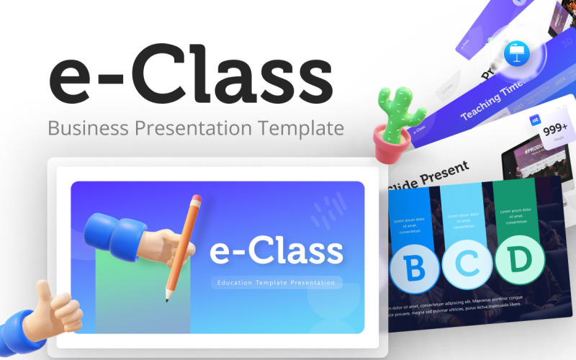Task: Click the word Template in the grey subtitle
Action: pyautogui.click(x=303, y=130)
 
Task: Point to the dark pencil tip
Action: pyautogui.click(x=168, y=297)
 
